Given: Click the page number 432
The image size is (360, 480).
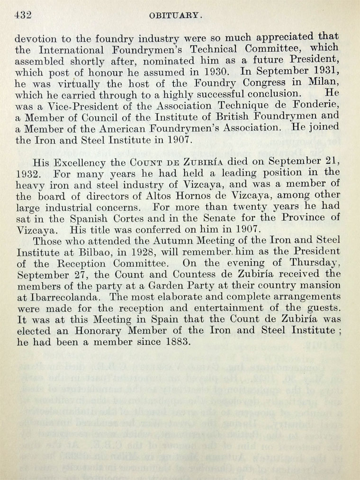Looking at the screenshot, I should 23,15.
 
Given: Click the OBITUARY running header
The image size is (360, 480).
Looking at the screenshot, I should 176,16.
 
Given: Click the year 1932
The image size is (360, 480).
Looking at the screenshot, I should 27,174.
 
